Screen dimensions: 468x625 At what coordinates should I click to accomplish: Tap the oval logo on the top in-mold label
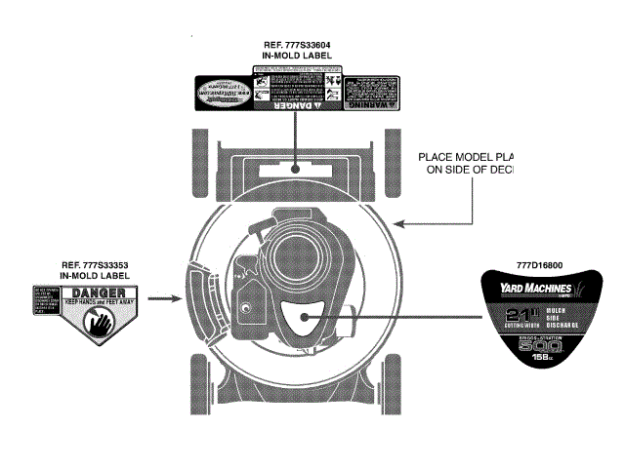pos(224,95)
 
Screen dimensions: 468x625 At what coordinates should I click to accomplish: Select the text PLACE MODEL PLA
pos(466,156)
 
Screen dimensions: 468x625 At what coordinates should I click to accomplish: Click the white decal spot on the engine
pos(298,316)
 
